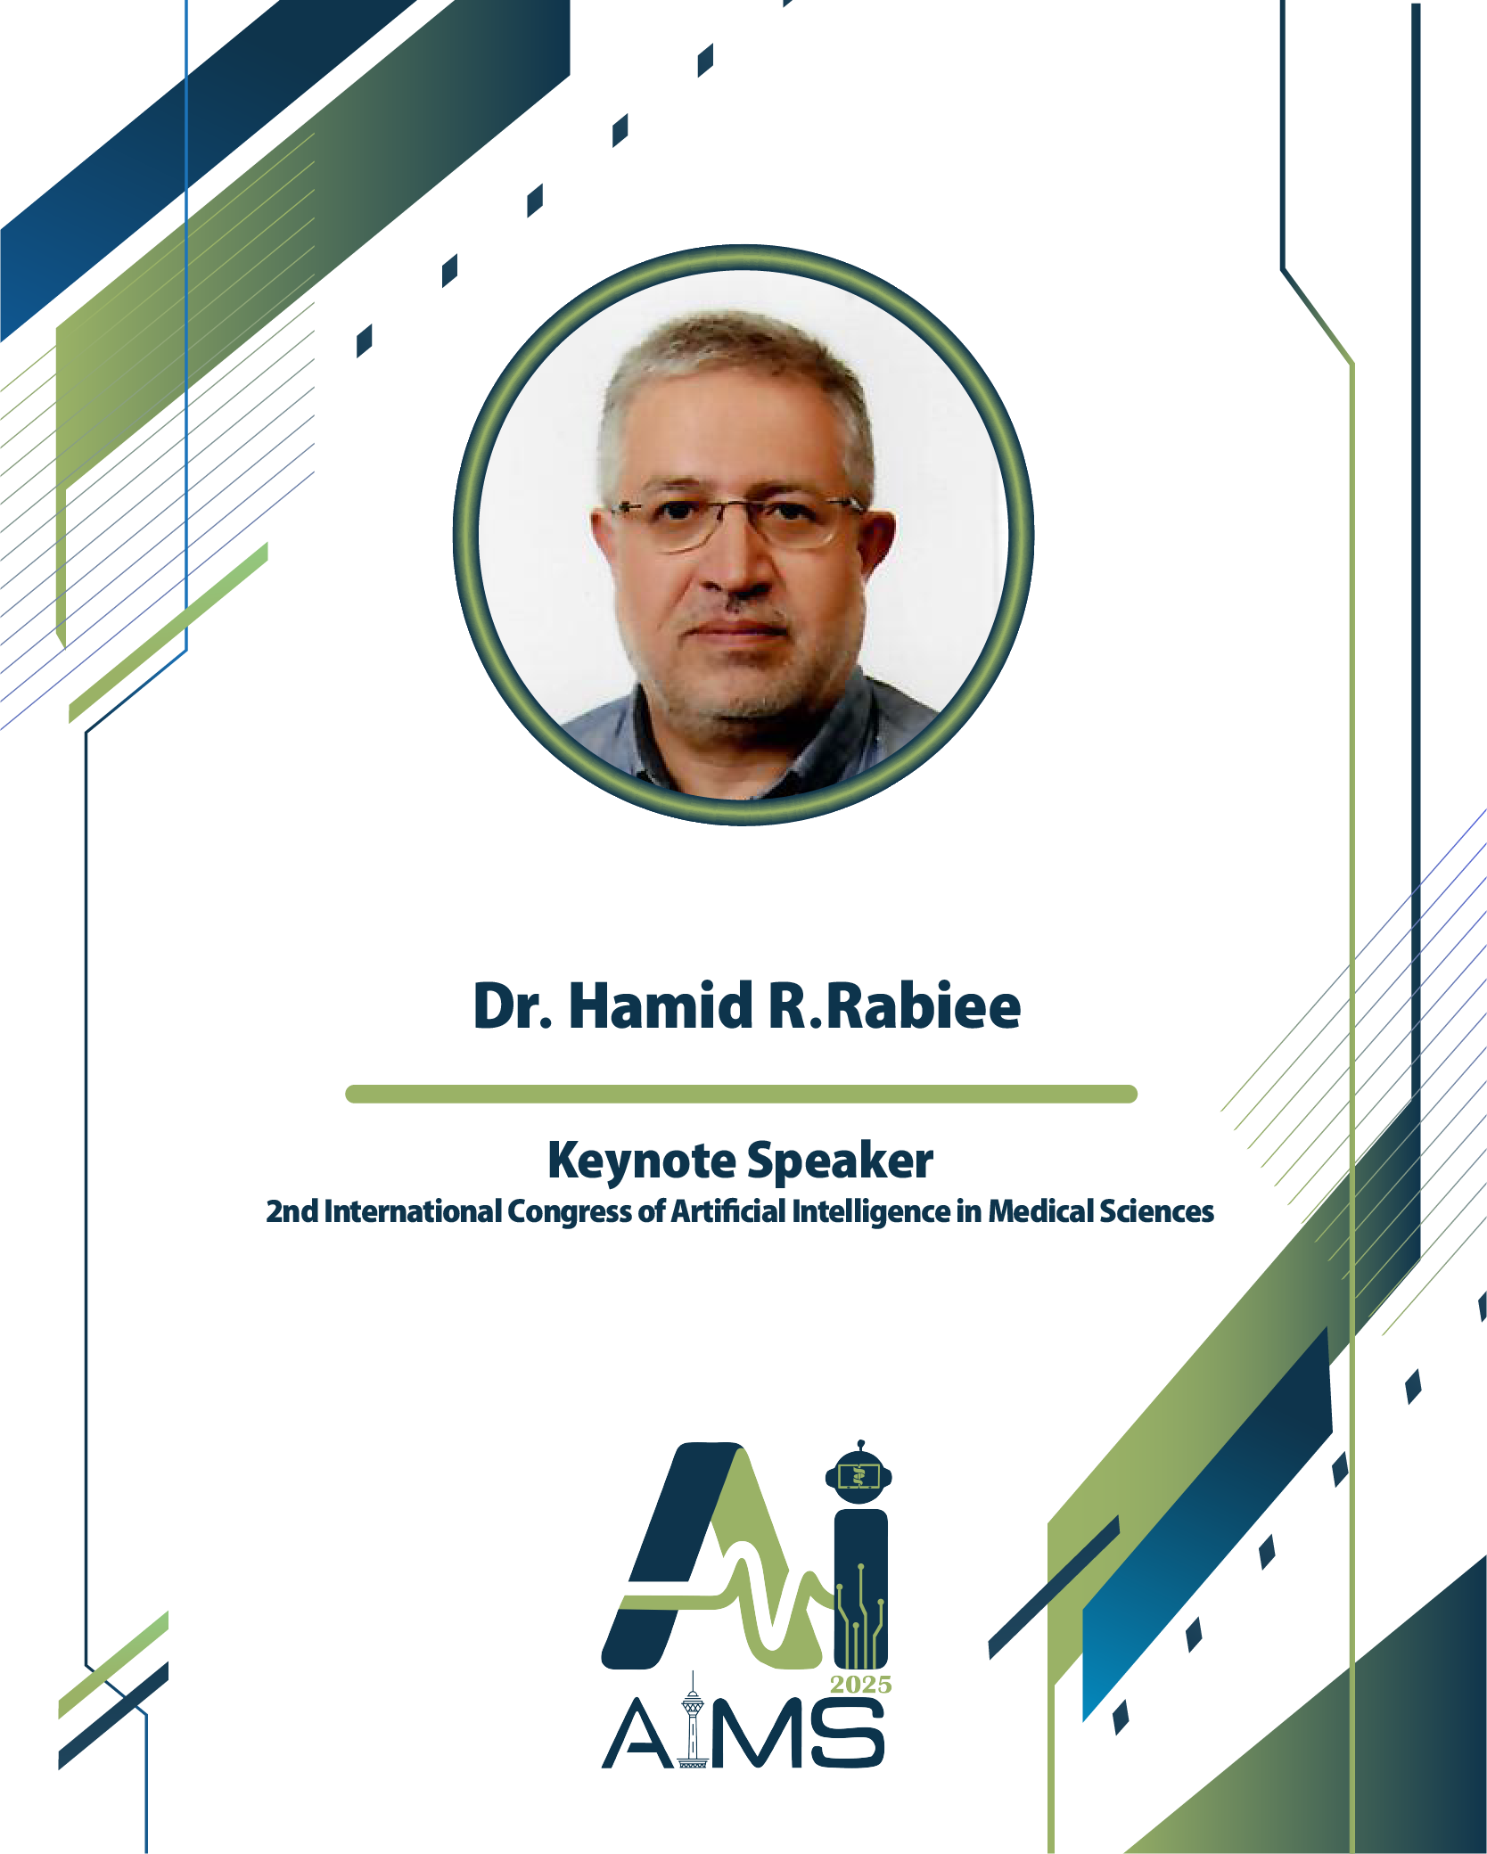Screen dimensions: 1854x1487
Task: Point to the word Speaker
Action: [840, 1161]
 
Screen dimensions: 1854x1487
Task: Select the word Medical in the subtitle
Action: [1039, 1212]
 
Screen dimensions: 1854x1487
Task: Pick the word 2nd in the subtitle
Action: [292, 1212]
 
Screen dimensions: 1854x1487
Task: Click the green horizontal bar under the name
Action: [741, 1094]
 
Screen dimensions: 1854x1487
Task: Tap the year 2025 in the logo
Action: [860, 1684]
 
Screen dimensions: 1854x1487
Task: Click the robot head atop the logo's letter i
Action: [859, 1475]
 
